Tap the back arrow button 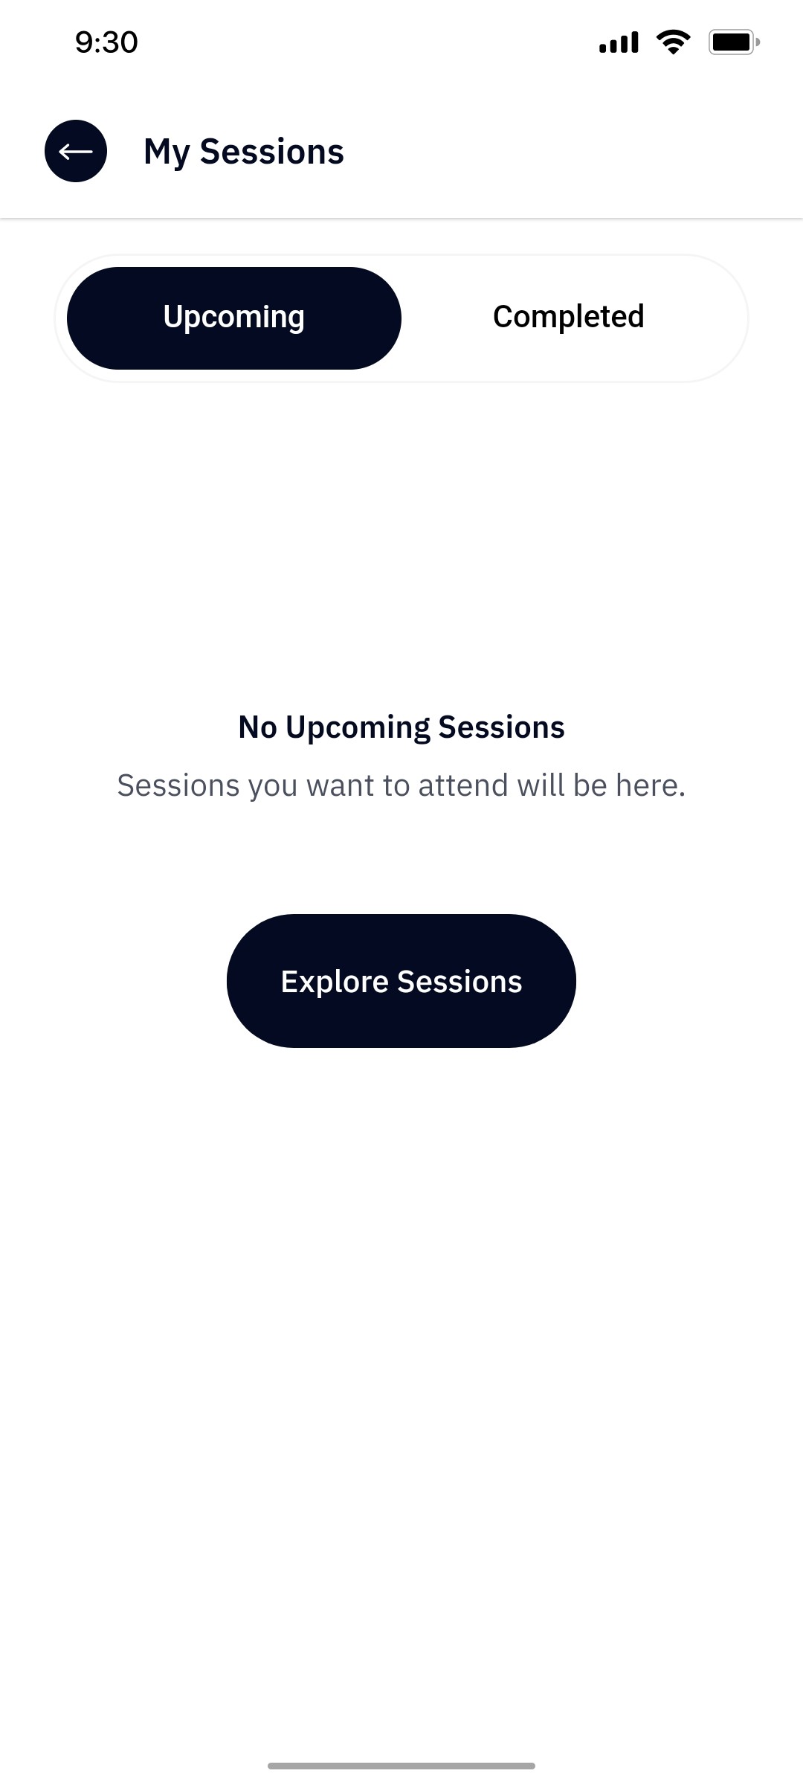click(x=76, y=151)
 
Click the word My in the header click(x=167, y=152)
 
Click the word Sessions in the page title click(x=271, y=152)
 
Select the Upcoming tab click(x=234, y=318)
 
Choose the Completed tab click(x=568, y=318)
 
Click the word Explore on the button click(x=334, y=982)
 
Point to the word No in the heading click(x=257, y=727)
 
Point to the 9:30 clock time click(x=106, y=42)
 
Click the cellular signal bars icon click(x=619, y=42)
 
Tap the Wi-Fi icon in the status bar click(x=673, y=42)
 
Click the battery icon click(x=733, y=42)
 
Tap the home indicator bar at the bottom click(x=401, y=1765)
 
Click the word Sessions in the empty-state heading click(x=501, y=727)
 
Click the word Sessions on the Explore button click(x=459, y=982)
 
